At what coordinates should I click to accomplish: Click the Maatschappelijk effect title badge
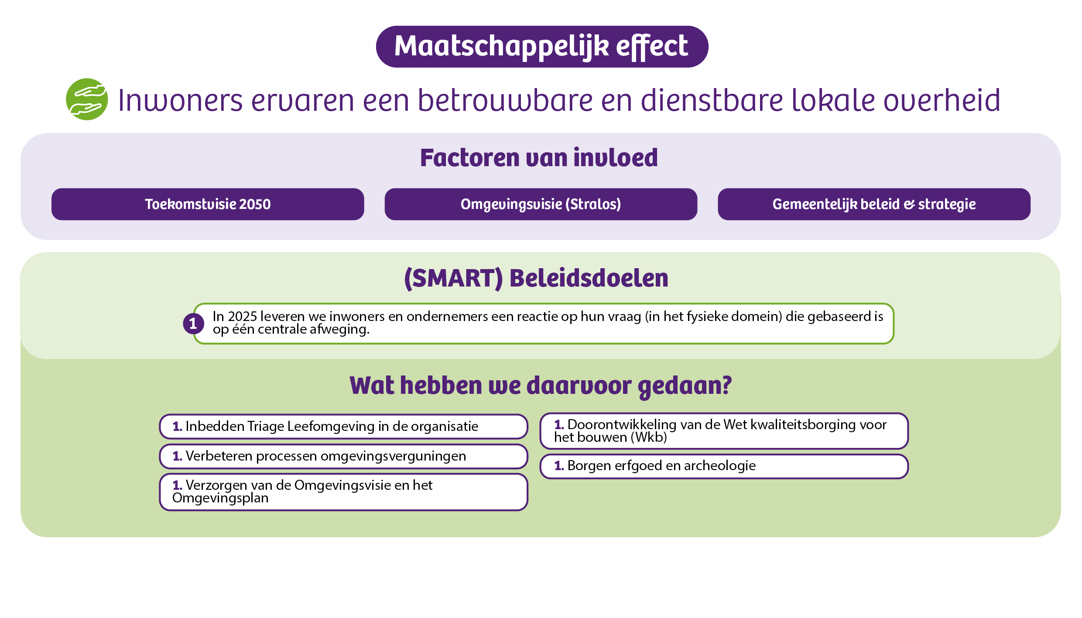pos(542,47)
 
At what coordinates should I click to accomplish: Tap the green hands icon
pos(87,99)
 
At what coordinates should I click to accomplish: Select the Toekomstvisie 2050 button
pos(208,204)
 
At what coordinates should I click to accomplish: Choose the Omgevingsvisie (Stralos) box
pos(541,204)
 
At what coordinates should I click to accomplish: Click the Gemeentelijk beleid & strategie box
pos(874,204)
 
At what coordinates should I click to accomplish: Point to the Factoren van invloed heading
pos(539,158)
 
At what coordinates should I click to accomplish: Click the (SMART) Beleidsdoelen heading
pos(536,278)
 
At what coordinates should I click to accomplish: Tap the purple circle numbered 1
pos(193,324)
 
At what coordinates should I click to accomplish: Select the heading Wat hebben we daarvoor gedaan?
pos(541,386)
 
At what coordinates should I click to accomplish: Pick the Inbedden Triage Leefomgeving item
pos(344,427)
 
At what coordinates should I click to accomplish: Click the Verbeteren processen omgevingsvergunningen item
pos(344,456)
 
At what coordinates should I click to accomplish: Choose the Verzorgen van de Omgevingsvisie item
pos(344,492)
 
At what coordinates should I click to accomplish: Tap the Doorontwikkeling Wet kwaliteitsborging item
pos(724,431)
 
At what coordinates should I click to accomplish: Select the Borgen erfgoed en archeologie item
pos(724,466)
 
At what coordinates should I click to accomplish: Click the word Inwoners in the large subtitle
pos(180,100)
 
